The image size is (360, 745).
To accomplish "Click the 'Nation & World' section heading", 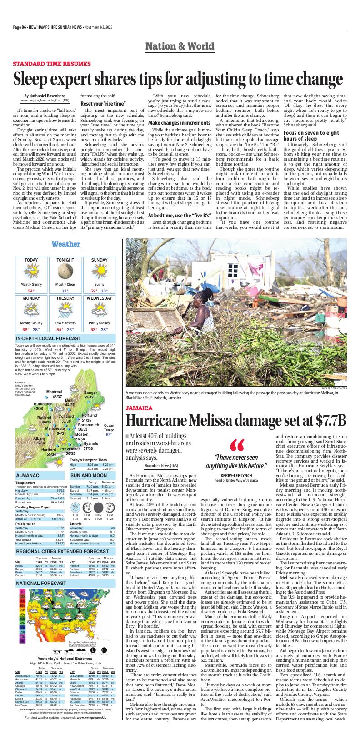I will (180, 46).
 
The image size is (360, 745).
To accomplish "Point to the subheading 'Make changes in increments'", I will (179, 123).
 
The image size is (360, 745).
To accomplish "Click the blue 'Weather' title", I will (66, 244).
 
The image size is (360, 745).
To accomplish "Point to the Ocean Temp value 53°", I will (109, 435).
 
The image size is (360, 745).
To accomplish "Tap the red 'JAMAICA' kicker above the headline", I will (139, 408).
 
